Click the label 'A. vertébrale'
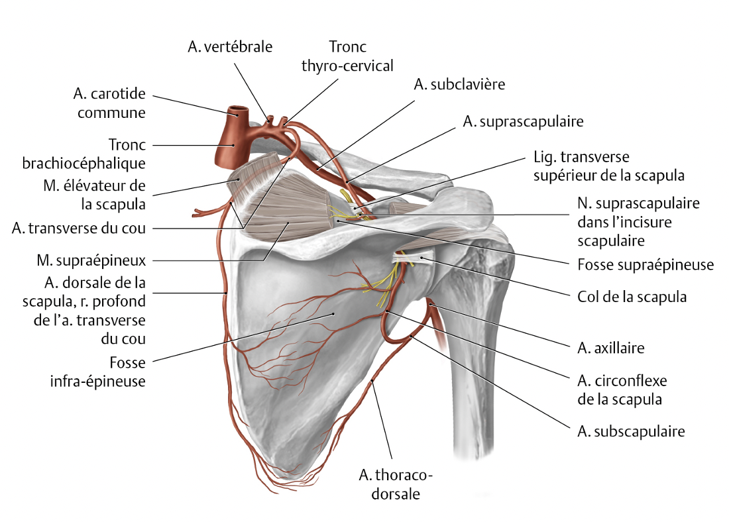pos(230,46)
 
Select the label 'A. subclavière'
pos(459,84)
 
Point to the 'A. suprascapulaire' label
pos(523,122)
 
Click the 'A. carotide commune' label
pos(111,103)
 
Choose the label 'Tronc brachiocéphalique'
pos(111,153)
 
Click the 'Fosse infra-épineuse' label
pos(111,372)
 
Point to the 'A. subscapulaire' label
pos(630,432)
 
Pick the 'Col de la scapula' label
pos(630,296)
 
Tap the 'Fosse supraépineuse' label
pos(641,264)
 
